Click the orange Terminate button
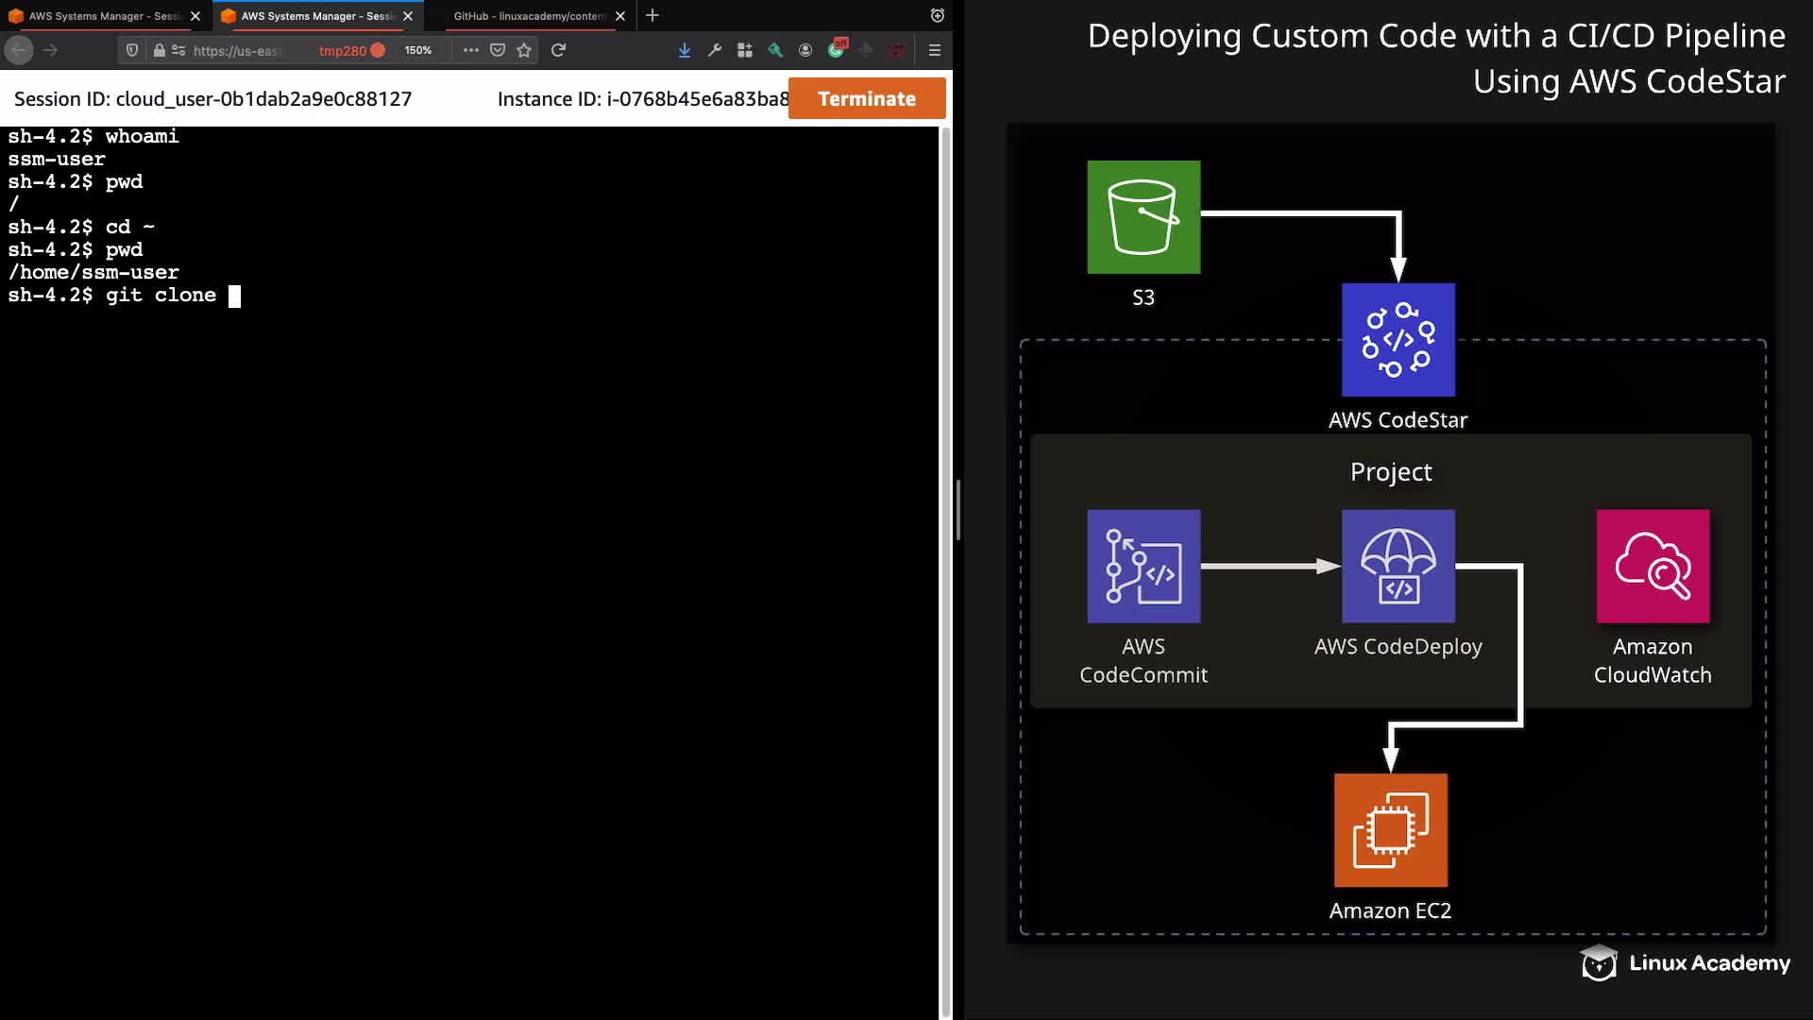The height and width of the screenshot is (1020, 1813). tap(867, 98)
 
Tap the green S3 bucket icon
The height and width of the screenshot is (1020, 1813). tap(1144, 217)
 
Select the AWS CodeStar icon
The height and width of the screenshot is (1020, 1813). tap(1398, 340)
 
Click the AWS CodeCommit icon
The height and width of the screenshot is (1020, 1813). tap(1144, 567)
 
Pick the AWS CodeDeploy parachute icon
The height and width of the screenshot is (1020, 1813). tap(1398, 567)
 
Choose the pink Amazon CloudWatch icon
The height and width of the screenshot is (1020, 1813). tap(1652, 567)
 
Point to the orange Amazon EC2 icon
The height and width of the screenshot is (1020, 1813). tap(1391, 830)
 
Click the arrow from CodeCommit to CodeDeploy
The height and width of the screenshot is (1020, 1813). tap(1271, 566)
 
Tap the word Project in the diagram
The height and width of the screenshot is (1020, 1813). tap(1391, 471)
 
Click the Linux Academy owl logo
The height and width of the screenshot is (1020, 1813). tap(1599, 963)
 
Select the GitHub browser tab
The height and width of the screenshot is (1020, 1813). tap(529, 16)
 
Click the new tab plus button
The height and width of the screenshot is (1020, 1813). tap(652, 15)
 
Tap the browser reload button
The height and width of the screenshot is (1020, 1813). tap(558, 50)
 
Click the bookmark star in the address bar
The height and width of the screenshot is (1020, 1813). tap(524, 50)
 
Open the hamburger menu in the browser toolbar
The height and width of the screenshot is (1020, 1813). tap(935, 50)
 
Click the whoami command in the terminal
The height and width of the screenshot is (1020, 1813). tap(142, 136)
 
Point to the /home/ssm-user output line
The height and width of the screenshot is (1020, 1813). tap(93, 272)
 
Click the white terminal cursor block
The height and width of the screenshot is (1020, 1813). tap(234, 296)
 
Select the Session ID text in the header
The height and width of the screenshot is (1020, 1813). tap(212, 99)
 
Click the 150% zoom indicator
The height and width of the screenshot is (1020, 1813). tap(418, 50)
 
